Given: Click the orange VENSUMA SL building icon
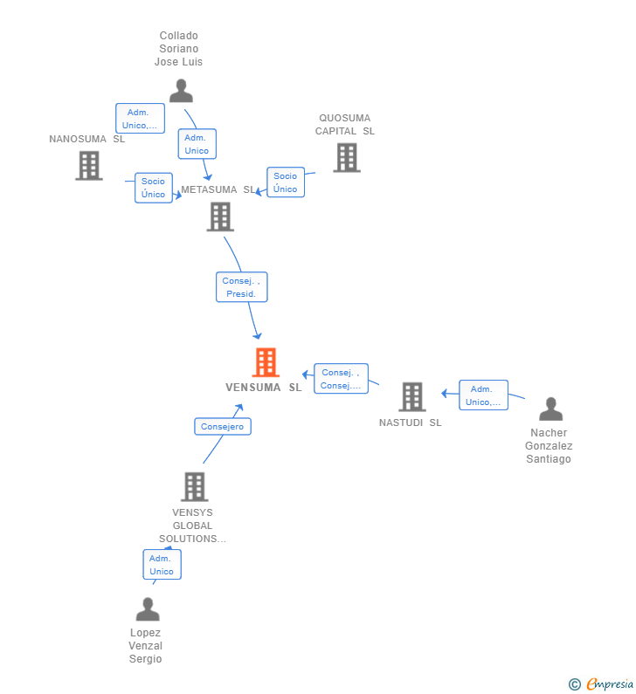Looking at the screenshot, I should pos(266,362).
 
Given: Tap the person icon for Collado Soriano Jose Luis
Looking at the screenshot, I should pos(181,91).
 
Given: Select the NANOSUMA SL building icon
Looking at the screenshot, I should pos(89,165).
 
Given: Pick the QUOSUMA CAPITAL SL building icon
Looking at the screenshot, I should pos(347,158).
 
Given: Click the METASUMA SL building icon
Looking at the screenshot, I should pos(220,216).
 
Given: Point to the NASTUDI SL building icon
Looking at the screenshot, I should pos(412,396).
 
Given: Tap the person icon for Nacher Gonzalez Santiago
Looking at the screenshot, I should pos(550,409).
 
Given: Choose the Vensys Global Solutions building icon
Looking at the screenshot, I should pos(194,487).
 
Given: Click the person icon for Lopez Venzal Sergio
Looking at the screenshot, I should pos(148,609).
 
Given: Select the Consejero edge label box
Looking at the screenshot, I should pos(223,426).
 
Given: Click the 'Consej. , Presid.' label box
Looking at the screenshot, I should pos(241,287).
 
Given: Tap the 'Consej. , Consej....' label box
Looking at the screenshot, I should pos(341,379).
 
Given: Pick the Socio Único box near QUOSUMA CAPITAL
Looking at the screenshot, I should pos(286,182).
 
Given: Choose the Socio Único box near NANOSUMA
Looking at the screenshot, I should pos(154,188).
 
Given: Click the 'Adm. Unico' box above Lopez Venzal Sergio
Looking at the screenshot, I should pos(162,565).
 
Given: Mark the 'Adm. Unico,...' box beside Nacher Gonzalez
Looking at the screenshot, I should pos(483,395).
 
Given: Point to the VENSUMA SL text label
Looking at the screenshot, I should pos(263,388).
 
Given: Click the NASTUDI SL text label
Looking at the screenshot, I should pos(410,423).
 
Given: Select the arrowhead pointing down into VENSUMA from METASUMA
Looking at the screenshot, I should pos(257,335).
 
